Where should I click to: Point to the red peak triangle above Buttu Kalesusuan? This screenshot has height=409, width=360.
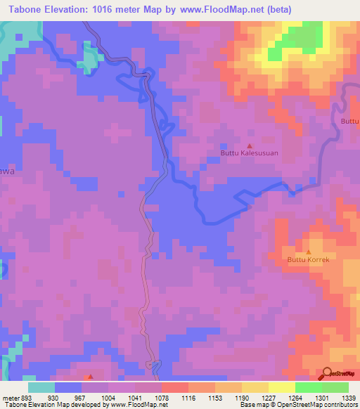249,145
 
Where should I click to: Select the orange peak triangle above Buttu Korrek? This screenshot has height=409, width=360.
308,252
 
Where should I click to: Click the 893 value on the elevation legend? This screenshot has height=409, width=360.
25,398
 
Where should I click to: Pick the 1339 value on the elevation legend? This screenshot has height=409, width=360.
349,398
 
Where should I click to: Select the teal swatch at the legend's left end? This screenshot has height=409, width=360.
41,387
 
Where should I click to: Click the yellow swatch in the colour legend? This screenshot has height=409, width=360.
281,387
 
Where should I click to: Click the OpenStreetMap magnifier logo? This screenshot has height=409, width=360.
326,372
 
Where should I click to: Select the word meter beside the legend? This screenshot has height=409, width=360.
10,398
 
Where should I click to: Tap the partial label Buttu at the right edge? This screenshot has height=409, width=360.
350,122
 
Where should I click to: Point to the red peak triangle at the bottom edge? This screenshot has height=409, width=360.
89,377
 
